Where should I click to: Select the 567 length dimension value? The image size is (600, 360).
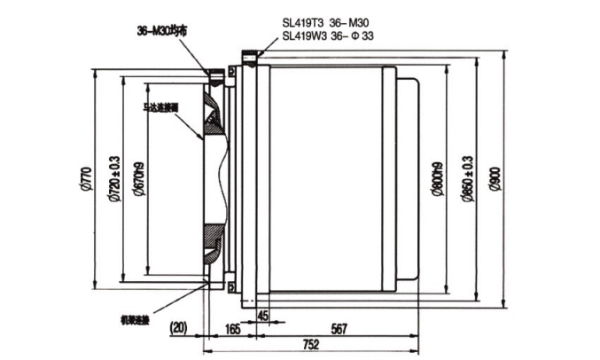pyautogui.click(x=339, y=328)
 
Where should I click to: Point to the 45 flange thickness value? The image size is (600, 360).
pyautogui.click(x=262, y=313)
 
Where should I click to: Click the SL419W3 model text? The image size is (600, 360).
pyautogui.click(x=304, y=37)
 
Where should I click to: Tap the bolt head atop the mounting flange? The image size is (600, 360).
pyautogui.click(x=252, y=59)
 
